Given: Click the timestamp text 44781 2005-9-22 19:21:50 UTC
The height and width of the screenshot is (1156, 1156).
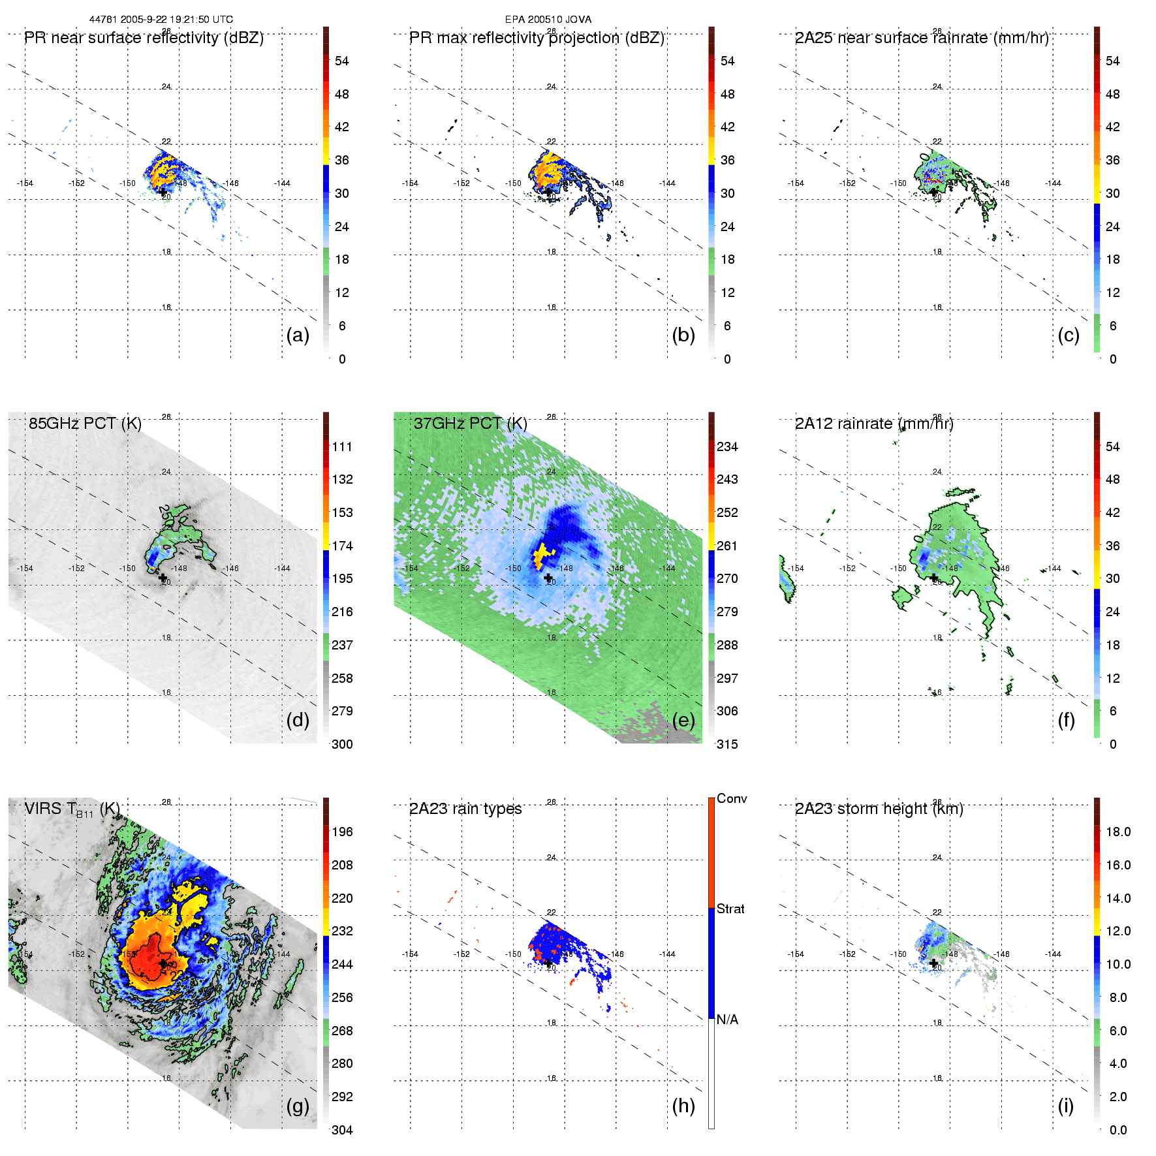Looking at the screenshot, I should pos(161,20).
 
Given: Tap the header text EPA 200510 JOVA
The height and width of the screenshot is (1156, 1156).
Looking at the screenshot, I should pos(548,20).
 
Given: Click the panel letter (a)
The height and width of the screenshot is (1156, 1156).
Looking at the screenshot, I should pos(298,335).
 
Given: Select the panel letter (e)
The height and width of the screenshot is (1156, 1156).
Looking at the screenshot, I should pos(683,720).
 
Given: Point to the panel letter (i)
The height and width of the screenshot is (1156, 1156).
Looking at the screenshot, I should pos(1065,1106).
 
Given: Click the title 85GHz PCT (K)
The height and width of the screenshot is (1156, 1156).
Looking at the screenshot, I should pos(85,423).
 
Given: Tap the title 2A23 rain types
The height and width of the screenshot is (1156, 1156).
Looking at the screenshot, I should pos(465,809).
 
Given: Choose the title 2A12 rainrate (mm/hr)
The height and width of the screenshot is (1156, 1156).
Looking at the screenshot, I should pos(874,423).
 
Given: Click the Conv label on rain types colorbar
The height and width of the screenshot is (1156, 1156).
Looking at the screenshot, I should pos(732,798).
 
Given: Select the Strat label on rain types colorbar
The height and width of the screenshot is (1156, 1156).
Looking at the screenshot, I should pos(730,909).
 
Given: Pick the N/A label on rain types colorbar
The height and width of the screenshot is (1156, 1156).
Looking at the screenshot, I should pos(727,1020).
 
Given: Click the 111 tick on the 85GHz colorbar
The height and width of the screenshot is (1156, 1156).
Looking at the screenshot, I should pos(342,446).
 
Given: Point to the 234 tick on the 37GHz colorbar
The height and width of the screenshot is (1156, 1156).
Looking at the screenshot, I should pos(727,446).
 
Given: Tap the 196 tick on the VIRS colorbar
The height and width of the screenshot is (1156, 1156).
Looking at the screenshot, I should pos(342,832).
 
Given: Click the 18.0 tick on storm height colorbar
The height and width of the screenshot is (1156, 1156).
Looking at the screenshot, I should pos(1118,832).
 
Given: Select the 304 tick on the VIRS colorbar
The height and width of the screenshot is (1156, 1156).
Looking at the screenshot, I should pos(342,1130).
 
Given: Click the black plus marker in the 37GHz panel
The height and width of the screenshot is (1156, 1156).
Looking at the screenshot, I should pos(548,578).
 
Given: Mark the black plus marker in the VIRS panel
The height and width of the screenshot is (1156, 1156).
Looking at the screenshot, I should pos(163,963).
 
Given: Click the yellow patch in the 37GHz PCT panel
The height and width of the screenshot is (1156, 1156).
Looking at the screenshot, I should pos(542,555).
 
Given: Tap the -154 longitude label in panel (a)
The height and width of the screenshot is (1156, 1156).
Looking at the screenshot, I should pos(25,183).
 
